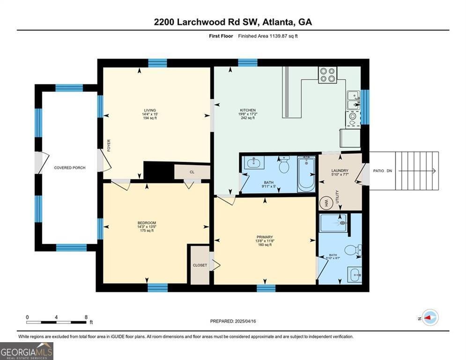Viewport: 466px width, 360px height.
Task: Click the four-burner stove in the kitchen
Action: pos(328,75)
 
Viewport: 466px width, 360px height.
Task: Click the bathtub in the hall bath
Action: pos(307,175)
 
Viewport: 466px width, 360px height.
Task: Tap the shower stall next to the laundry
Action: pos(333,223)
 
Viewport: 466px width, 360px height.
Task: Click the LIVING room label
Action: pos(150,110)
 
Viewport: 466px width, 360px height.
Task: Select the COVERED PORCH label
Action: pos(70,167)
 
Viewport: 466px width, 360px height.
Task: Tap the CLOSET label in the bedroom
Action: pos(200,265)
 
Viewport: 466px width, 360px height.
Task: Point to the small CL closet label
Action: pos(192,172)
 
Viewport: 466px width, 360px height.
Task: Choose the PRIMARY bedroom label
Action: pos(265,237)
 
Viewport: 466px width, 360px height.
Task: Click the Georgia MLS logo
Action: pos(27,351)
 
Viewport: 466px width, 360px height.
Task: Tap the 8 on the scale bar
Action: pos(86,317)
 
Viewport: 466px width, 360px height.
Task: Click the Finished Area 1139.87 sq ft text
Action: pos(267,36)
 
